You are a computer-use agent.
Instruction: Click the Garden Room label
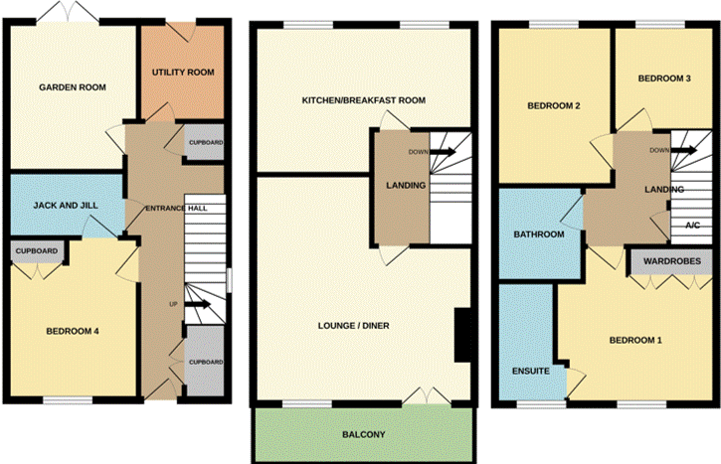[x=73, y=87]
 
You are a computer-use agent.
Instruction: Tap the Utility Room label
[x=183, y=73]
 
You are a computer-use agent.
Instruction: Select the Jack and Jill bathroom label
[x=66, y=206]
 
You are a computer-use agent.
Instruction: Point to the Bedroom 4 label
[x=73, y=331]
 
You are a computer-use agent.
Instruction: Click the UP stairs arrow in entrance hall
[x=197, y=304]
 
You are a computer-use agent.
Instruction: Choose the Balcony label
[x=363, y=434]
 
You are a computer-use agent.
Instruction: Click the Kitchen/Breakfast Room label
[x=364, y=100]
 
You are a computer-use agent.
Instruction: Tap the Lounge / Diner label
[x=354, y=326]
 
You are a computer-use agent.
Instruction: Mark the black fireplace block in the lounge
[x=462, y=336]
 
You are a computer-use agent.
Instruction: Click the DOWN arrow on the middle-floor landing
[x=443, y=152]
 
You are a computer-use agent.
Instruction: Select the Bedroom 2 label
[x=554, y=105]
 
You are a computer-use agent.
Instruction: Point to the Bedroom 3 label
[x=664, y=78]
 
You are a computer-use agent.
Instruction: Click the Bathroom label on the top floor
[x=539, y=234]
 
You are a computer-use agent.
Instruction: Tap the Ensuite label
[x=531, y=371]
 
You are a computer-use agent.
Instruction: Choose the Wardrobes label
[x=672, y=261]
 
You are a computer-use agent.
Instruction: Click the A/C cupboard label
[x=693, y=226]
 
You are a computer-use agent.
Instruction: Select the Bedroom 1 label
[x=635, y=340]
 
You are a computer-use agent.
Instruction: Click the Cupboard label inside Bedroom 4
[x=37, y=250]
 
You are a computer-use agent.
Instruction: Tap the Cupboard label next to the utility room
[x=206, y=142]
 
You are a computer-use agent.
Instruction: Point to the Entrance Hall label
[x=176, y=208]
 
